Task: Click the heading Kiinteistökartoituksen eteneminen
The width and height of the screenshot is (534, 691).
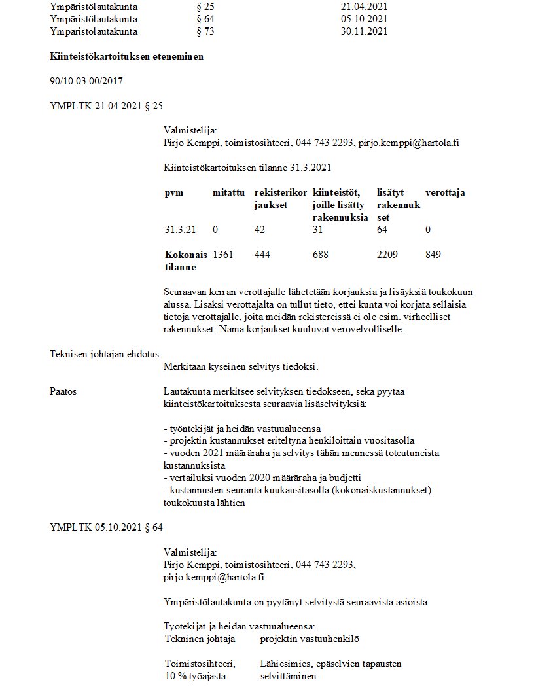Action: click(x=126, y=56)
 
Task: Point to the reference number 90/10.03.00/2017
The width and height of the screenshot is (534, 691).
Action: click(x=86, y=81)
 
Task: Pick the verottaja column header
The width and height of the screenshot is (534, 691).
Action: click(x=445, y=193)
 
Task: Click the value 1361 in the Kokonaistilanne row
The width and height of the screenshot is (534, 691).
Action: click(x=222, y=254)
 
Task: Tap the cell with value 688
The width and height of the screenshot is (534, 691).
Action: click(x=321, y=254)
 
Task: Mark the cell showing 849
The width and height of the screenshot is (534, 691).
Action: click(x=433, y=254)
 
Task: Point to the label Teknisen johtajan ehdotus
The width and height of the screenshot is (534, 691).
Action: click(x=104, y=354)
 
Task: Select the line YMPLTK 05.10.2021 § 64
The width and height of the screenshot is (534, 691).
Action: click(x=106, y=527)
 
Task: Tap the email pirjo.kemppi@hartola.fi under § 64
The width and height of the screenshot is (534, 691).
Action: click(x=213, y=577)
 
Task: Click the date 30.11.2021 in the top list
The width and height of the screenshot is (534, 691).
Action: click(x=365, y=31)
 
